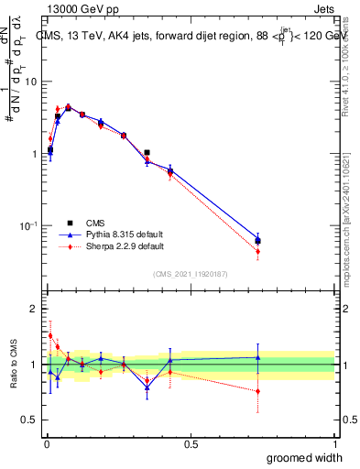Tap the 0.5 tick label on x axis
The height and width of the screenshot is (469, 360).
[x=191, y=444]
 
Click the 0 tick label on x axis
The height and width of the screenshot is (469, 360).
[x=47, y=444]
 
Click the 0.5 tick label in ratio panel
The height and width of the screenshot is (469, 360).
[x=29, y=420]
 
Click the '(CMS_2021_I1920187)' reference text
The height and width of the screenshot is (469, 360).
[x=190, y=274]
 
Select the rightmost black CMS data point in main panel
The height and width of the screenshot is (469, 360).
[x=257, y=241]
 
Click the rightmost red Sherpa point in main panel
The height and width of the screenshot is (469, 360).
[x=257, y=251]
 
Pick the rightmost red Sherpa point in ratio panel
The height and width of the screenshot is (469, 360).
[x=257, y=391]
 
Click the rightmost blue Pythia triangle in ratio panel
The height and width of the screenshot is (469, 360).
[x=257, y=357]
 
